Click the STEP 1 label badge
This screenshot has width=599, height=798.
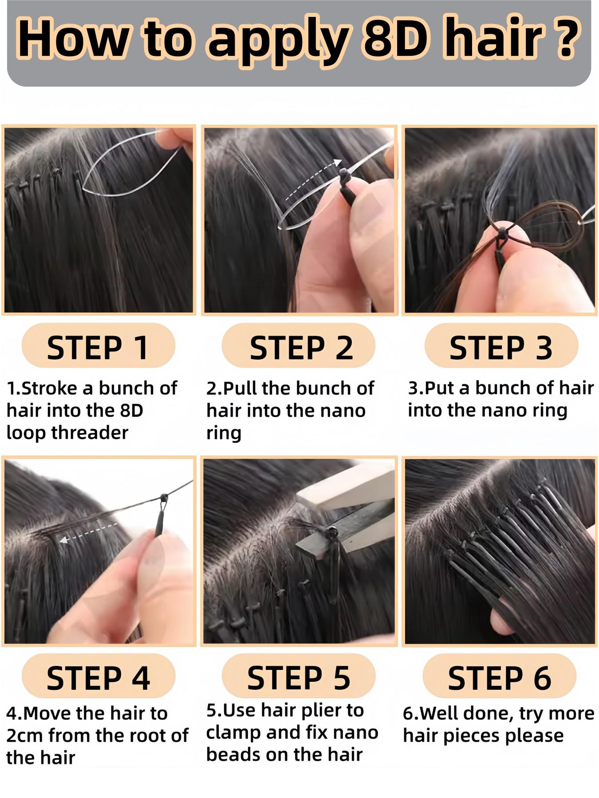[98, 346]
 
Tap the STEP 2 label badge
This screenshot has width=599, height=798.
[299, 346]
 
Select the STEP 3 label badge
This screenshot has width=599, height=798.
[501, 346]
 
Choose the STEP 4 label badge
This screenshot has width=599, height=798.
[98, 677]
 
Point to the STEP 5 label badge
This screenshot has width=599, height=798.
[299, 677]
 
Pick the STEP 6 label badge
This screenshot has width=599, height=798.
[499, 677]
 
